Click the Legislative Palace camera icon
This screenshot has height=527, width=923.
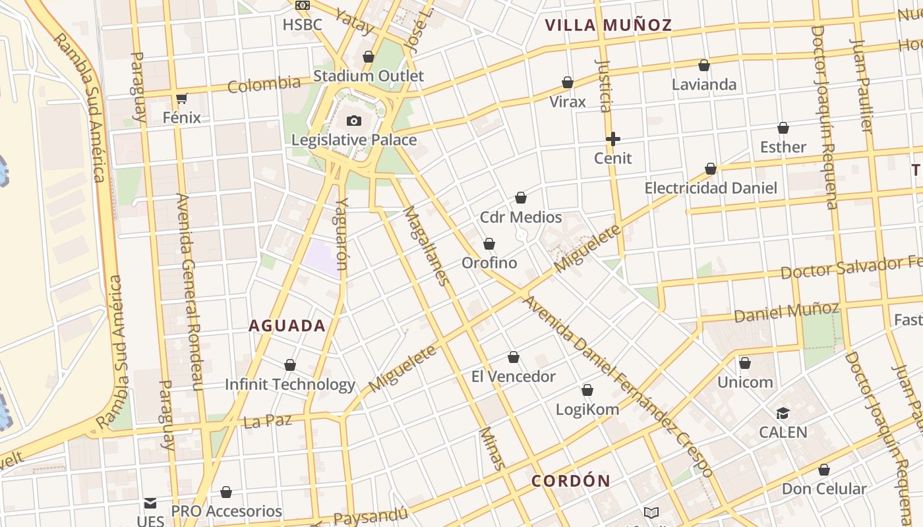point(354,121)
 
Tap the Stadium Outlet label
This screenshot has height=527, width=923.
point(369,76)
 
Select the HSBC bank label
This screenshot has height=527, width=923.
point(302,25)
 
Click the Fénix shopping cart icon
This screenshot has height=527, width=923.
point(182,99)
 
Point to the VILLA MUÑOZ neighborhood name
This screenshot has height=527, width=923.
point(608,26)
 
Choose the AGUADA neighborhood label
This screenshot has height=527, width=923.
point(287,325)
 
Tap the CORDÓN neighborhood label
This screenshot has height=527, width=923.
point(571,481)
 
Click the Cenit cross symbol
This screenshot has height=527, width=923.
point(613,139)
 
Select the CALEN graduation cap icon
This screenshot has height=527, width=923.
point(783,414)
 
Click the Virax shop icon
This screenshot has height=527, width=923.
point(568,83)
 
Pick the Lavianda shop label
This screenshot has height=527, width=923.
point(704,84)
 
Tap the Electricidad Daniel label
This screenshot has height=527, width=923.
point(711,188)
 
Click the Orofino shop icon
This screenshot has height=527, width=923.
point(489,244)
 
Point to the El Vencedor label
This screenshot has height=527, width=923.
point(514,377)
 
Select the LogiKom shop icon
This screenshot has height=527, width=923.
point(587,391)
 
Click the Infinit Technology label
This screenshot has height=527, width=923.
point(290,384)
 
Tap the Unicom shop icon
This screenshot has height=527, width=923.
point(745,363)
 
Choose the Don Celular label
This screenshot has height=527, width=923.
point(823,489)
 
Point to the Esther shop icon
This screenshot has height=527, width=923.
point(783,128)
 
